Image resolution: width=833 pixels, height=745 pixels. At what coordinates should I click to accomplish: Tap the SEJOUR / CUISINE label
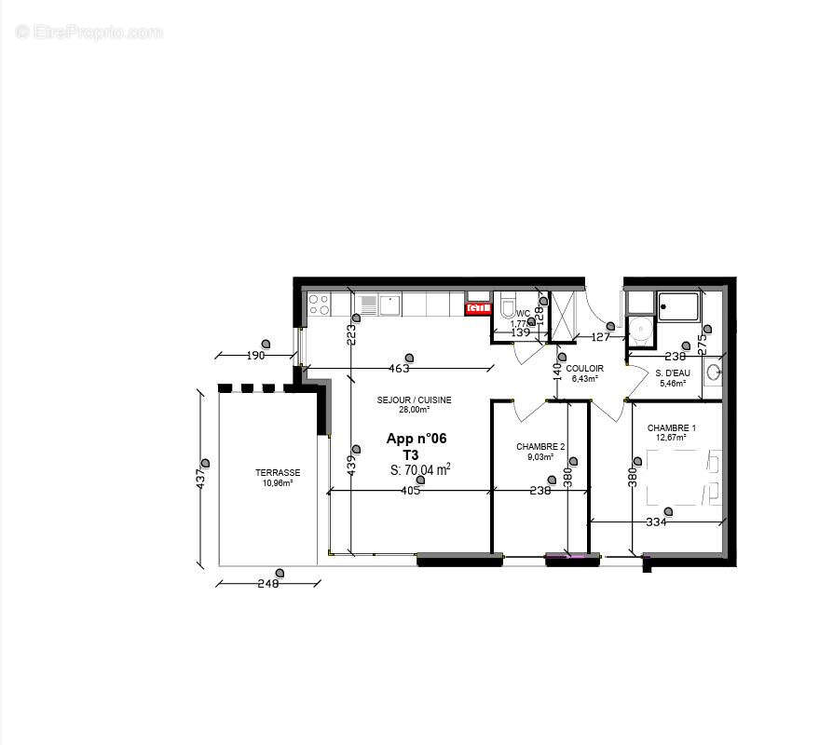coord(414,400)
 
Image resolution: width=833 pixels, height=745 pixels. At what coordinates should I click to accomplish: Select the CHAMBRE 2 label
coord(540,446)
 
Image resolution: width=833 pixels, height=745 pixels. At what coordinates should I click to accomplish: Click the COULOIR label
coord(584,368)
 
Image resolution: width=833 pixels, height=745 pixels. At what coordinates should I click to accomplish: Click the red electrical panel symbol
coord(478,307)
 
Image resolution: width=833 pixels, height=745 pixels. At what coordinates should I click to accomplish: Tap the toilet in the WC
coord(508,306)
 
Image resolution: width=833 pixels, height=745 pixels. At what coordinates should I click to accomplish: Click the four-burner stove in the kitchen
coord(320,304)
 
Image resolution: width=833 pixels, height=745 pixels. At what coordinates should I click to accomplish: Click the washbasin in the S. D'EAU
coord(713,372)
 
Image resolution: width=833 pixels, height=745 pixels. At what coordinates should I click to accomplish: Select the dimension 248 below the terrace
coord(268,584)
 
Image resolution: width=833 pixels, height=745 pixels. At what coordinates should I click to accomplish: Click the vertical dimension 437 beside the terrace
coord(199,479)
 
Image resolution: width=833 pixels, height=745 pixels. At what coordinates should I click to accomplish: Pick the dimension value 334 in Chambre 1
coord(656,522)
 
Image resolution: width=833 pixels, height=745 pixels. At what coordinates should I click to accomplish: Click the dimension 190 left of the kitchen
coord(255,355)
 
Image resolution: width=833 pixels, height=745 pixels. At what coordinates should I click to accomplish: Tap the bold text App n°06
coord(416,439)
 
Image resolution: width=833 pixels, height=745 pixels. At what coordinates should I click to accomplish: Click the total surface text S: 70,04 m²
coord(420,469)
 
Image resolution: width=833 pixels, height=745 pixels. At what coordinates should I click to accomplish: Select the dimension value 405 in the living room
coord(410,491)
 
